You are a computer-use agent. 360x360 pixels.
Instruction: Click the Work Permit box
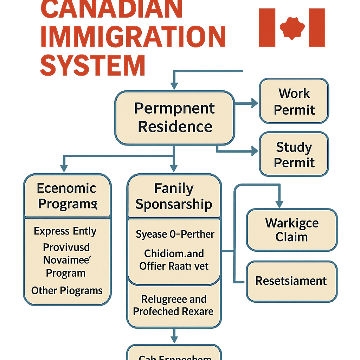click(294, 101)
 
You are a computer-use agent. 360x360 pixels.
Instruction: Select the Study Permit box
click(294, 154)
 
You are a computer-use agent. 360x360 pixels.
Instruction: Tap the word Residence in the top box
click(175, 127)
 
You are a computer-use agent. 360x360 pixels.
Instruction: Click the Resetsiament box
click(291, 281)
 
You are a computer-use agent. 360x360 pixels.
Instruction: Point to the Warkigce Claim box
click(291, 230)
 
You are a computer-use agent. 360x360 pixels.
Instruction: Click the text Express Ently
click(65, 231)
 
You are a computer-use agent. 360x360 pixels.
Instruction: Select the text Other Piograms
click(67, 291)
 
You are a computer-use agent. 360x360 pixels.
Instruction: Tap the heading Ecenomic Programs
click(67, 196)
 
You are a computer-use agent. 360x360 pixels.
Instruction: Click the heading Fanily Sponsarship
click(174, 197)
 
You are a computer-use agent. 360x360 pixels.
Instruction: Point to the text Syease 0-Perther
click(175, 234)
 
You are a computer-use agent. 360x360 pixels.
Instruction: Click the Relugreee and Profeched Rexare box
click(174, 305)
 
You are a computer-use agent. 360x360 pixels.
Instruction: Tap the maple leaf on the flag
click(292, 28)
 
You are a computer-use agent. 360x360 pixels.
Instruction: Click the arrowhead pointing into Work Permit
click(255, 103)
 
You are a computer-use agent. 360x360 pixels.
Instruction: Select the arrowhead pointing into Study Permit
click(254, 151)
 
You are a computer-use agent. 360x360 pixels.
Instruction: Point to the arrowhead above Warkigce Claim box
click(279, 204)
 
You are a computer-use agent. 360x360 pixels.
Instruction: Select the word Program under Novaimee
click(66, 273)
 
